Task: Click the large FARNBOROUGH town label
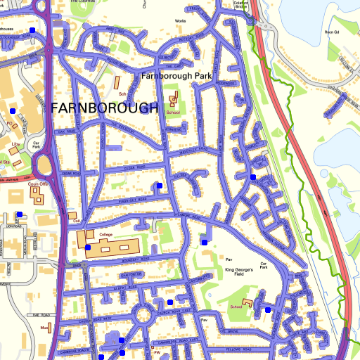pos(105,108)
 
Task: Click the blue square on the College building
pos(88,247)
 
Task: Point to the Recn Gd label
pos(332,32)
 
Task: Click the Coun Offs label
pos(37,184)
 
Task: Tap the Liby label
pos(15,144)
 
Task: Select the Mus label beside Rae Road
pos(43,328)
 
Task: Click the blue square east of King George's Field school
pos(268,309)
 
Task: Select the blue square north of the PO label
pos(13,111)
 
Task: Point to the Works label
pos(181,22)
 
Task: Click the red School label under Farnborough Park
pos(173,112)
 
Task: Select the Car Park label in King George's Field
pos(264,266)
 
